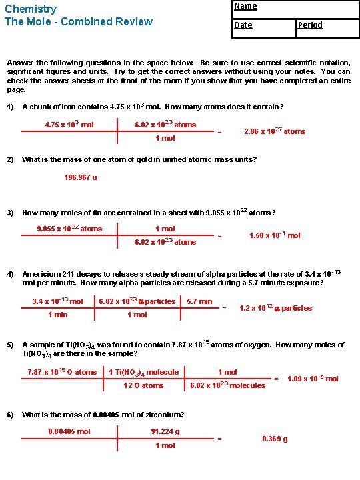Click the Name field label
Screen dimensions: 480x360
tap(245, 6)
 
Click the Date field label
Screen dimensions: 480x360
tap(243, 25)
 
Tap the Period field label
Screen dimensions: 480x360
tap(310, 25)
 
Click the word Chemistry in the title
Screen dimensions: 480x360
tap(31, 9)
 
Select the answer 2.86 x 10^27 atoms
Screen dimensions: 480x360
tap(275, 131)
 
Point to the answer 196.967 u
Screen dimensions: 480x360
tap(81, 178)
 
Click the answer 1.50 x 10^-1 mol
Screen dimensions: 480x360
tap(275, 235)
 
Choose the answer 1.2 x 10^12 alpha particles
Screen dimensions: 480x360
tap(275, 308)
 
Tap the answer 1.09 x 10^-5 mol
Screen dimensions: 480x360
tap(313, 379)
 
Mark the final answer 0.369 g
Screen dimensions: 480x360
tap(275, 439)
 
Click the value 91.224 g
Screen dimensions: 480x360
tap(165, 431)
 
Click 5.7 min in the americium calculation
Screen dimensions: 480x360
tap(199, 301)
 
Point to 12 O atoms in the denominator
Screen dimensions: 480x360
tap(143, 385)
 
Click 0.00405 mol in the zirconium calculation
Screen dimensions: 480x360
tap(69, 431)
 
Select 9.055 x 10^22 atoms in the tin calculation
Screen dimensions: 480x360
tap(69, 229)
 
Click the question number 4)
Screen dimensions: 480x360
tap(11, 275)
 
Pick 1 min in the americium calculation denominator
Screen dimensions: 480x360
tap(58, 315)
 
